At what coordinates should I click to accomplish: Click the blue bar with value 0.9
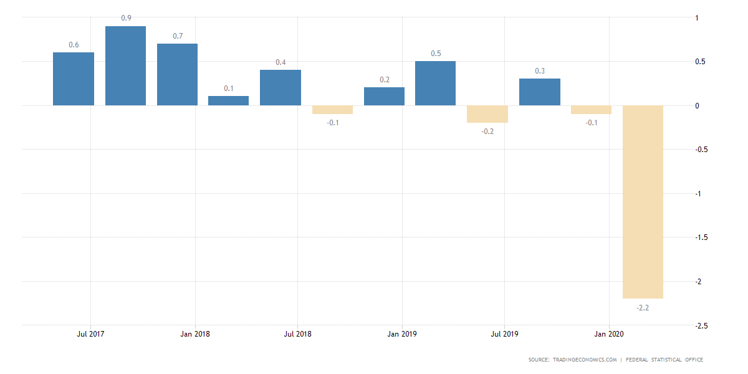(125, 65)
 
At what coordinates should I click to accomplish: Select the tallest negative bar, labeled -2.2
(643, 201)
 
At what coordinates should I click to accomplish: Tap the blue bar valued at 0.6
(74, 79)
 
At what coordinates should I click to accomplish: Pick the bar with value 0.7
(177, 74)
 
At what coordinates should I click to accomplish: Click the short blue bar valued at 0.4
(280, 87)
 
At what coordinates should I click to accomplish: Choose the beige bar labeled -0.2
(487, 114)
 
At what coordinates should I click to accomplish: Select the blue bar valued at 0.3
(540, 92)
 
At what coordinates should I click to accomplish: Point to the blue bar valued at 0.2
(384, 96)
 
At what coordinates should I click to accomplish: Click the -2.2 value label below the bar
(643, 308)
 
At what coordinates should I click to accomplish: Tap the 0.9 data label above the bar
(125, 18)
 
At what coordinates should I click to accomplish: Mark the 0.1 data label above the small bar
(229, 88)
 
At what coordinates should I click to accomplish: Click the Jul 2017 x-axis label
(90, 334)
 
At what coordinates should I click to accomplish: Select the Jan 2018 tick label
(195, 334)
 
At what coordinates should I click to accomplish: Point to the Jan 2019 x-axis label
(401, 334)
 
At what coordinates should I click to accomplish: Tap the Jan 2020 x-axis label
(608, 334)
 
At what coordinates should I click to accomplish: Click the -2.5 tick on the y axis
(701, 325)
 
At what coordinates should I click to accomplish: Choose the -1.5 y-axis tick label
(701, 237)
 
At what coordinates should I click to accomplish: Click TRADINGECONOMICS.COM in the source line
(585, 360)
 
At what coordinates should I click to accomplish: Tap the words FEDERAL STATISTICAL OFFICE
(666, 360)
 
